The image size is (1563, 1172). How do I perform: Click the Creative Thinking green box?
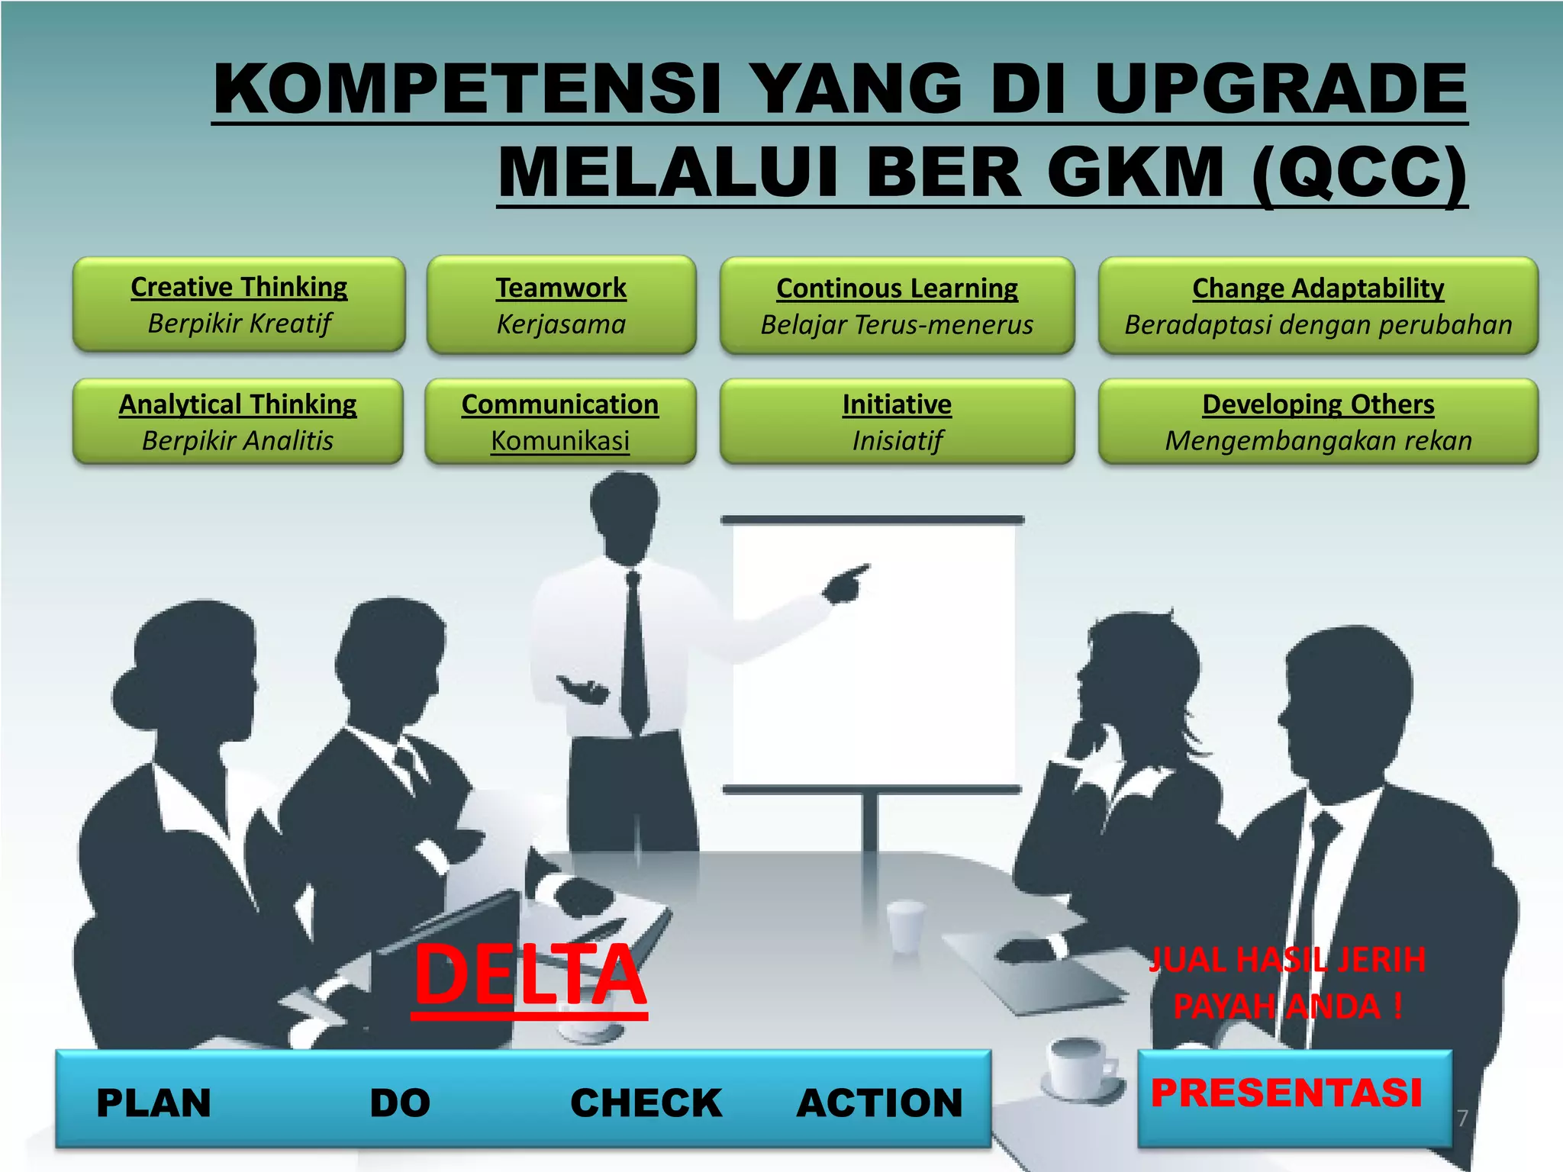click(x=239, y=304)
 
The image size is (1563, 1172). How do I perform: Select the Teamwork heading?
click(x=561, y=288)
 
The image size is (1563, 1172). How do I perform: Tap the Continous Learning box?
click(x=897, y=306)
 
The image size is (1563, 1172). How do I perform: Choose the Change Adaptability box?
click(x=1318, y=306)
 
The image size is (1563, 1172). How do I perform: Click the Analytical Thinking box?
click(x=237, y=421)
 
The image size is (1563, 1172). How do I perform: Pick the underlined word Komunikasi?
click(x=560, y=441)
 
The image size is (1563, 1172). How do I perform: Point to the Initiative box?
click(x=897, y=421)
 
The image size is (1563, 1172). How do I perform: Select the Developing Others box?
click(x=1318, y=421)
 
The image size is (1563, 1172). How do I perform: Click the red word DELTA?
click(x=530, y=975)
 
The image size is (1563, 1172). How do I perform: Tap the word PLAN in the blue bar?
click(x=153, y=1103)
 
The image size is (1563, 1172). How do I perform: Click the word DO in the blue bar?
click(x=400, y=1103)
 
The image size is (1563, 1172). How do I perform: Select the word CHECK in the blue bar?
click(x=646, y=1103)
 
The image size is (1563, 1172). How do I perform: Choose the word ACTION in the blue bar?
click(x=879, y=1103)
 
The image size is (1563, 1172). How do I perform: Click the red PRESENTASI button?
click(x=1287, y=1093)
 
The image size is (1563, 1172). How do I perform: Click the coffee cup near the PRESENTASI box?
click(x=1078, y=1067)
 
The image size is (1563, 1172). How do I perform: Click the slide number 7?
click(x=1462, y=1118)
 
